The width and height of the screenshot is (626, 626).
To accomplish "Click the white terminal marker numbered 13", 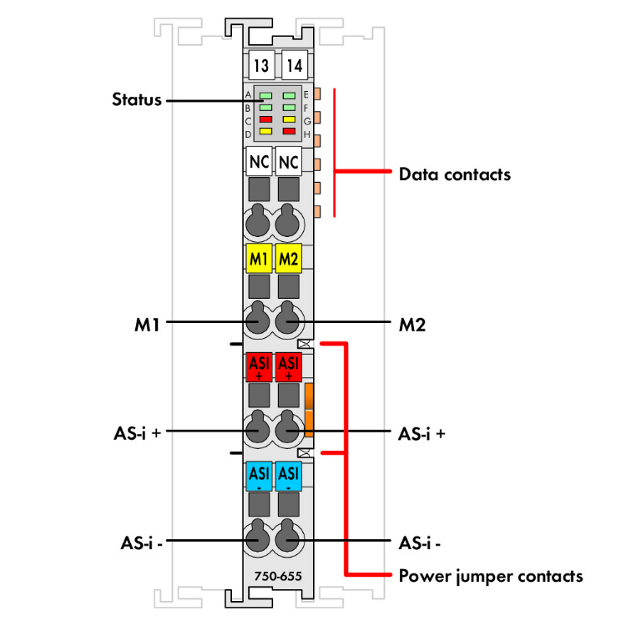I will click(x=261, y=63).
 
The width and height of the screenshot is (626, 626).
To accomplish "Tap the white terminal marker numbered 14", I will click(x=294, y=63).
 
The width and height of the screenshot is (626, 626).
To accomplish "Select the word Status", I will click(x=137, y=100).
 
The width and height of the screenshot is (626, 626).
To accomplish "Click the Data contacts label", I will click(x=454, y=174).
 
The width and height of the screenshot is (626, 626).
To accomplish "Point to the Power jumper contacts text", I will click(x=491, y=576).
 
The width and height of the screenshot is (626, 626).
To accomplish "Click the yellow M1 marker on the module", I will click(x=259, y=259).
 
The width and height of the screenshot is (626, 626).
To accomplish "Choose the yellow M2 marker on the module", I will click(x=289, y=259).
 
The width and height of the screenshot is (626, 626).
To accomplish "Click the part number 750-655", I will click(x=279, y=575).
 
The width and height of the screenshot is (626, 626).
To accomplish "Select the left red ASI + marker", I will click(x=259, y=368).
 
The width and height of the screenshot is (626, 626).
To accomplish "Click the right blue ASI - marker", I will click(x=289, y=475).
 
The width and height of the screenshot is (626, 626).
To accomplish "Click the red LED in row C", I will click(x=265, y=119).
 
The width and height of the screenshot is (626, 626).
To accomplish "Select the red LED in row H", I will click(x=289, y=131).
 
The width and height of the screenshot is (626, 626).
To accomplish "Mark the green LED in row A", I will click(x=265, y=96).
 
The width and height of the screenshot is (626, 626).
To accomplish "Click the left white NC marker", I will click(x=259, y=160).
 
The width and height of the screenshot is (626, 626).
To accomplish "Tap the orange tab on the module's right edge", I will click(x=308, y=410).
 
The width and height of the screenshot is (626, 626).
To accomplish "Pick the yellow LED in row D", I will click(x=265, y=131).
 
